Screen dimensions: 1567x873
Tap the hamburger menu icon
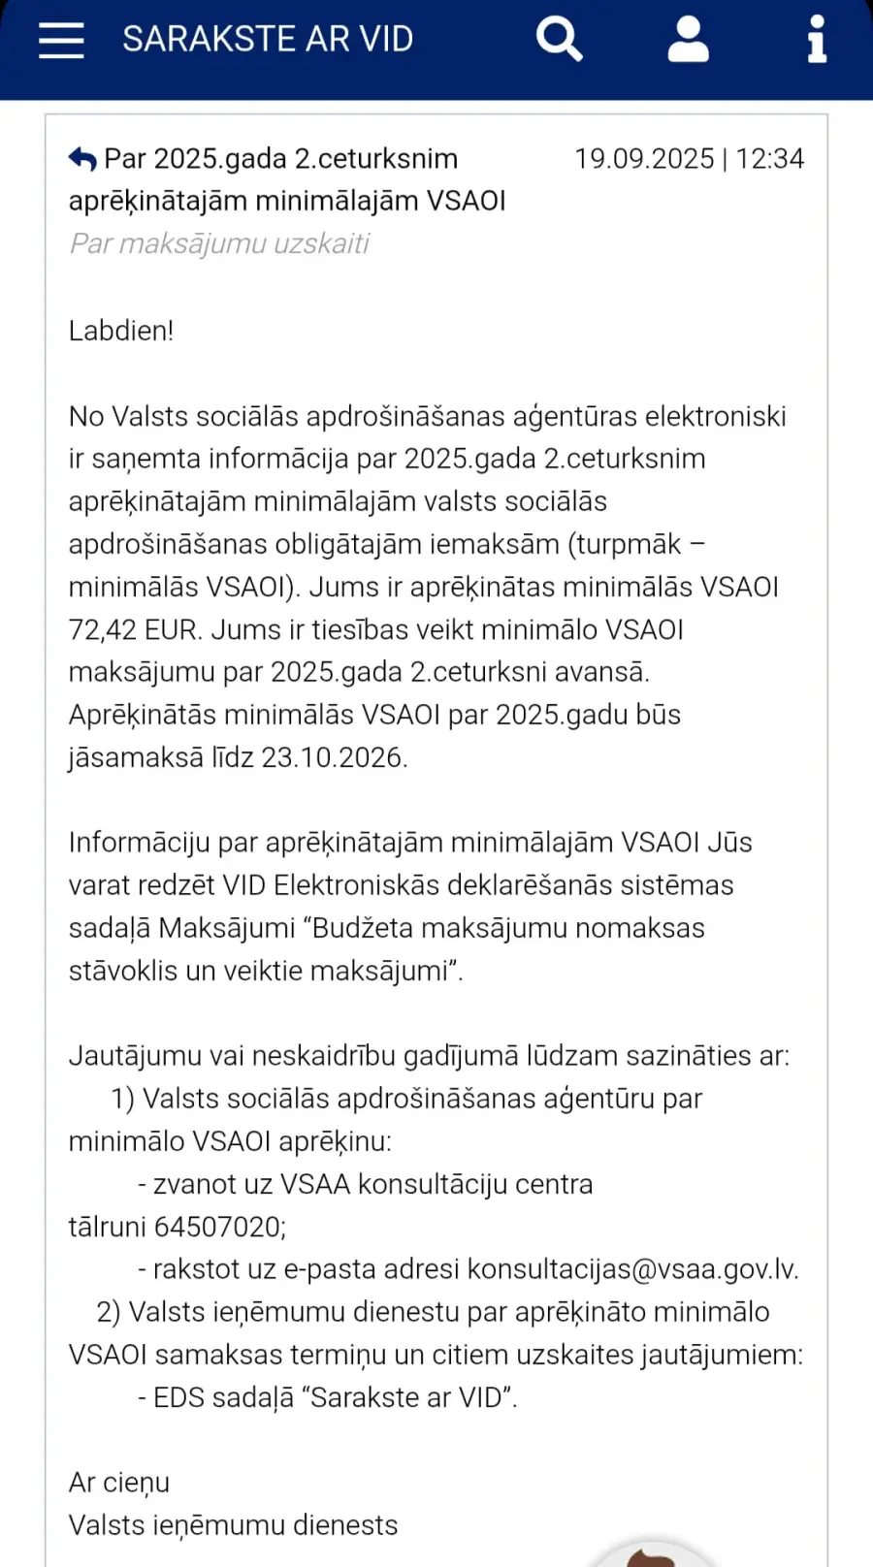(x=61, y=40)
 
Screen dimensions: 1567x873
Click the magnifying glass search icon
(x=559, y=40)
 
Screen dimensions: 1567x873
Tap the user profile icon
(x=688, y=40)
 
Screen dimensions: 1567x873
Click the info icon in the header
(x=817, y=40)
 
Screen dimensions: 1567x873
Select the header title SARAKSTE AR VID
(x=268, y=40)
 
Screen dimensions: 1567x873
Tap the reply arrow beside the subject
(x=82, y=159)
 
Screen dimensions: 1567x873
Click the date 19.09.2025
(x=644, y=159)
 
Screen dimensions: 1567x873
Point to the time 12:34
(x=770, y=159)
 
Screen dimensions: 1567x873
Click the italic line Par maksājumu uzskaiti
(x=219, y=243)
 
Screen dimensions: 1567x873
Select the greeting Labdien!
(x=121, y=331)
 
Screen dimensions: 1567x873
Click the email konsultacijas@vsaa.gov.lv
(x=632, y=1270)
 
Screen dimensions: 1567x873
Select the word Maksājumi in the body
(x=227, y=929)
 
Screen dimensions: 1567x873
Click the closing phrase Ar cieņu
(x=119, y=1484)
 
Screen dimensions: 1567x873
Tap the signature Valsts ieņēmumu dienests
(x=233, y=1526)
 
